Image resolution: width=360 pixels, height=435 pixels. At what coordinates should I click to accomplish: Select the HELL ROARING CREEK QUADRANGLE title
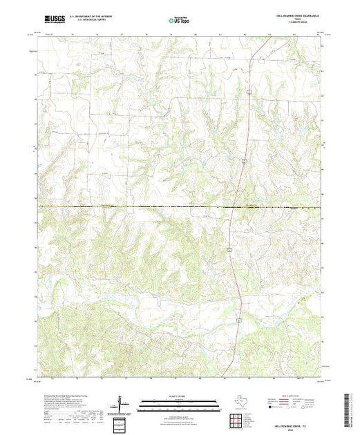point(293,17)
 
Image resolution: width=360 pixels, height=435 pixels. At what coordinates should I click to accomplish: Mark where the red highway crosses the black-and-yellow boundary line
point(231,206)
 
